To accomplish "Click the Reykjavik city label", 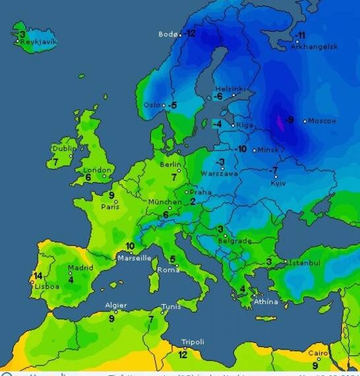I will (39, 42).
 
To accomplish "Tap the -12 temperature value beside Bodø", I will (190, 33).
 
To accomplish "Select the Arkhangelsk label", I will (315, 47).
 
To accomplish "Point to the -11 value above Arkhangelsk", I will (300, 35).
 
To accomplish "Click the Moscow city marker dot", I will (305, 121).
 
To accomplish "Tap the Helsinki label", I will (230, 88).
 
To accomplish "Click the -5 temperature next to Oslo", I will (172, 105).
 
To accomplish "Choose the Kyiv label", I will (278, 183).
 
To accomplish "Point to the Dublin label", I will (64, 148).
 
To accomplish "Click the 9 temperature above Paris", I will (111, 195).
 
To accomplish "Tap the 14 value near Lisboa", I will (38, 276).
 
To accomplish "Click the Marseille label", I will (135, 258).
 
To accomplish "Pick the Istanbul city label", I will (304, 263).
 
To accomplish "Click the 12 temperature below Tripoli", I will (183, 354).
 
